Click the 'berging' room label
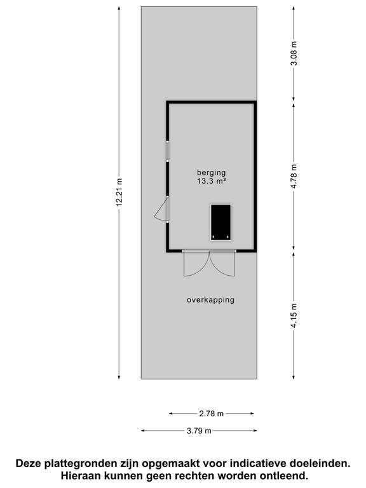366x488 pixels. coord(211,172)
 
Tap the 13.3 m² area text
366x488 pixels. coord(212,181)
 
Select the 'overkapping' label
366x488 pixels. coord(210,300)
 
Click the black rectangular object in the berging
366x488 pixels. coord(220,222)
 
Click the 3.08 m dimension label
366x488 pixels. coord(294,53)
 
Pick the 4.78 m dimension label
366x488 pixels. coord(294,177)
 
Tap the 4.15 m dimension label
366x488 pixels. coord(294,314)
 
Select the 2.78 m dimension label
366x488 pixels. coord(212,414)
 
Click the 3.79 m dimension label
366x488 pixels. coord(199,431)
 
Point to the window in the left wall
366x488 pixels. coord(168,151)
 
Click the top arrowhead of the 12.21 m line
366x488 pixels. coord(119,9)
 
